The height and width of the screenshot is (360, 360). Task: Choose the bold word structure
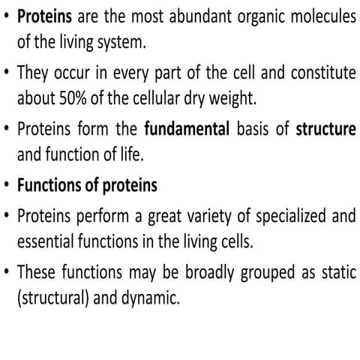click(x=325, y=129)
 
